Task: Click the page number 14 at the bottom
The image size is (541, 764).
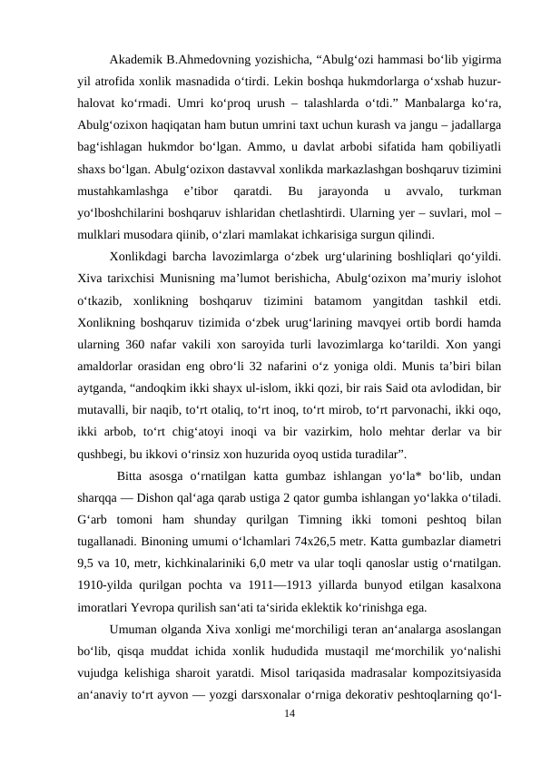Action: [289, 716]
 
